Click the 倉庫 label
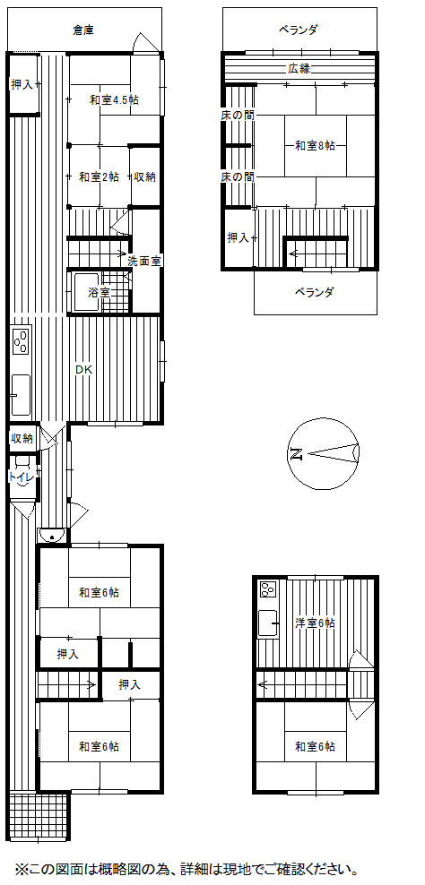[83, 30]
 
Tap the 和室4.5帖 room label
[114, 100]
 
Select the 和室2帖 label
[99, 177]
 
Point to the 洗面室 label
[144, 262]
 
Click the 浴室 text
[99, 293]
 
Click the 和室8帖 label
[315, 146]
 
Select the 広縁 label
[299, 70]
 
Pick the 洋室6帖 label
[315, 623]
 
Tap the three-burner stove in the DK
[21, 341]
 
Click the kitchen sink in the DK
[21, 395]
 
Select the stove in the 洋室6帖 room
[268, 589]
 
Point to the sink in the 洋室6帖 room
[268, 624]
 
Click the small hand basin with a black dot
[52, 535]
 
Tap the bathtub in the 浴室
[85, 292]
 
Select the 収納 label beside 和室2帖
[144, 177]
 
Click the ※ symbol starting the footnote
[21, 867]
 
